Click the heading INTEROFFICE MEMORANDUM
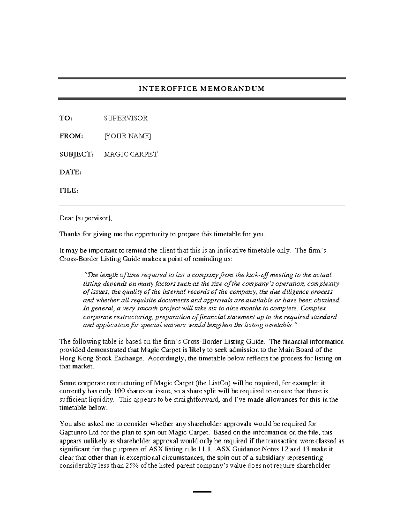click(202, 89)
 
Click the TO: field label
click(66, 118)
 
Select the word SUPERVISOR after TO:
click(126, 118)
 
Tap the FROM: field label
click(71, 136)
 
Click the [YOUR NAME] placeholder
click(127, 136)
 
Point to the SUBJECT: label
click(76, 155)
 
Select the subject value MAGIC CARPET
click(130, 155)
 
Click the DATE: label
click(71, 172)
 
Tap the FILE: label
click(69, 191)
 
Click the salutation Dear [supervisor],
click(86, 218)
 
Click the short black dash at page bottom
click(202, 492)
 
